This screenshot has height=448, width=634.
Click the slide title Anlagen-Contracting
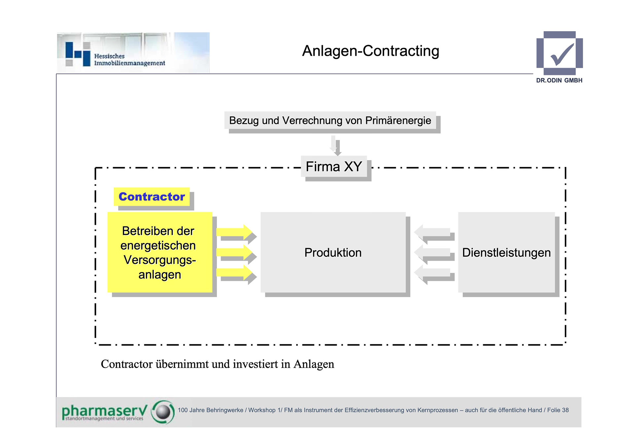pyautogui.click(x=370, y=51)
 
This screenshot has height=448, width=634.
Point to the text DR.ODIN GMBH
pyautogui.click(x=559, y=80)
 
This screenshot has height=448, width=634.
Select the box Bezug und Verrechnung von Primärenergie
pyautogui.click(x=330, y=121)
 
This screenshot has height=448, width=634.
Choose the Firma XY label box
pyautogui.click(x=334, y=167)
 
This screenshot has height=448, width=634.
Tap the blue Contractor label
pyautogui.click(x=152, y=196)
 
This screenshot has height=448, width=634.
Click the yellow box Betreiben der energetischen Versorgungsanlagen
pyautogui.click(x=160, y=252)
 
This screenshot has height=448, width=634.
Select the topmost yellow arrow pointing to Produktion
pyautogui.click(x=234, y=232)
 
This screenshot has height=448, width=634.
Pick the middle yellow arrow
pyautogui.click(x=234, y=252)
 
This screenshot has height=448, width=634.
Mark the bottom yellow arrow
pyautogui.click(x=234, y=272)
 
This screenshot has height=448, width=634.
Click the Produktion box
pyautogui.click(x=333, y=252)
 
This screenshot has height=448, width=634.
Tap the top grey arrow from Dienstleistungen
pyautogui.click(x=433, y=232)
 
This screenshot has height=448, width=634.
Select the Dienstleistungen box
pyautogui.click(x=506, y=252)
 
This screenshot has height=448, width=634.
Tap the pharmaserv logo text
pyautogui.click(x=104, y=411)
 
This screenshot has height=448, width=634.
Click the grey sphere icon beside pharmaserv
pyautogui.click(x=163, y=412)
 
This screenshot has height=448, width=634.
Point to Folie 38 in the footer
pyautogui.click(x=558, y=410)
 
